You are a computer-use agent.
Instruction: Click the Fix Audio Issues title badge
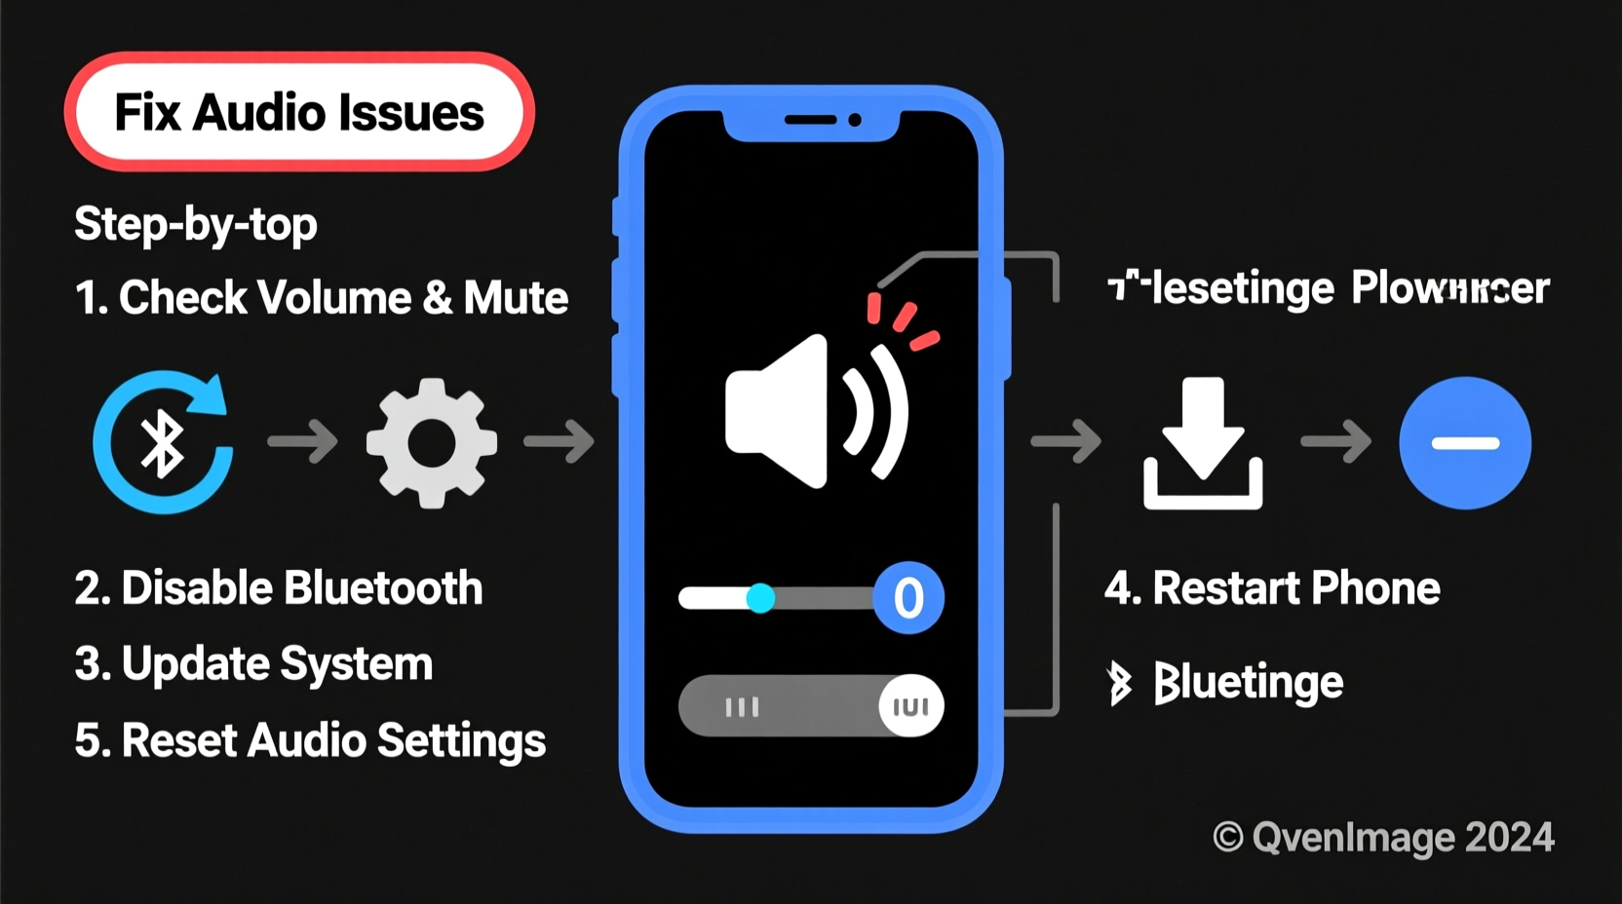pyautogui.click(x=299, y=112)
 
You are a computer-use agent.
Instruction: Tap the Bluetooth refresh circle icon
pyautogui.click(x=163, y=443)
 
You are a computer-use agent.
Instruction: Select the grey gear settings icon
pyautogui.click(x=432, y=443)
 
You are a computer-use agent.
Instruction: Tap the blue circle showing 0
pyautogui.click(x=908, y=597)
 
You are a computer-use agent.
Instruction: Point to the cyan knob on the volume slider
pyautogui.click(x=760, y=597)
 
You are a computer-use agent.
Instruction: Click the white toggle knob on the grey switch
pyautogui.click(x=910, y=706)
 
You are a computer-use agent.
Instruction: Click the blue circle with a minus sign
pyautogui.click(x=1464, y=443)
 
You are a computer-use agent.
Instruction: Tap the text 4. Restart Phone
pyautogui.click(x=1272, y=588)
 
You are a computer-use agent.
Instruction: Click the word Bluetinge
pyautogui.click(x=1248, y=682)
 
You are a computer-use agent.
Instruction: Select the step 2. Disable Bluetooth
pyautogui.click(x=279, y=588)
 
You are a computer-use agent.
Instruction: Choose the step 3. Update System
pyautogui.click(x=253, y=664)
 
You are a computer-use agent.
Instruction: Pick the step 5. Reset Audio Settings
pyautogui.click(x=310, y=740)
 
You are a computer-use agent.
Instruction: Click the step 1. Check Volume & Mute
pyautogui.click(x=322, y=298)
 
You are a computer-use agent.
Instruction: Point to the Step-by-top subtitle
pyautogui.click(x=196, y=225)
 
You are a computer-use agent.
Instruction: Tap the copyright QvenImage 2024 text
pyautogui.click(x=1383, y=837)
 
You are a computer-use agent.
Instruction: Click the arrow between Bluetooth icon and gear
pyautogui.click(x=303, y=442)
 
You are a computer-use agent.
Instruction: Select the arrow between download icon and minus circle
pyautogui.click(x=1336, y=442)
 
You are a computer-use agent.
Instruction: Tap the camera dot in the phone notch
pyautogui.click(x=855, y=120)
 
